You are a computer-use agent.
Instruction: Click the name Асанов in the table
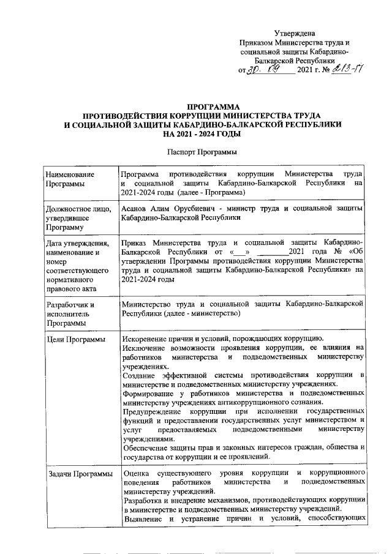pyautogui.click(x=136, y=209)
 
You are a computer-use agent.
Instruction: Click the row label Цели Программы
pyautogui.click(x=75, y=339)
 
